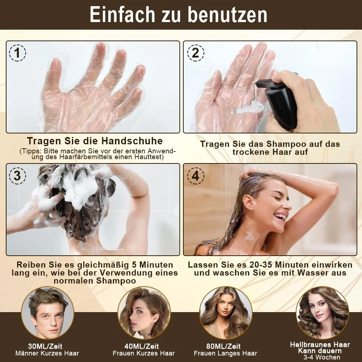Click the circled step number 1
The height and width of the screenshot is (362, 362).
pyautogui.click(x=18, y=53)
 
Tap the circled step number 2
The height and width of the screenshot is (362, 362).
pyautogui.click(x=196, y=53)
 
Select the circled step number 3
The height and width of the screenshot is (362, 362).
pyautogui.click(x=18, y=176)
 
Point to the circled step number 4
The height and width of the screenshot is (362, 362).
pyautogui.click(x=196, y=176)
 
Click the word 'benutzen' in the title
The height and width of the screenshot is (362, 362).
pyautogui.click(x=227, y=15)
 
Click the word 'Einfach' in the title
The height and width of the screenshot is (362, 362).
pyautogui.click(x=122, y=15)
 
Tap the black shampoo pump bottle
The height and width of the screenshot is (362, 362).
pyautogui.click(x=279, y=102)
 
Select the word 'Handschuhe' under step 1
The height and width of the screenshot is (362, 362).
pyautogui.click(x=132, y=141)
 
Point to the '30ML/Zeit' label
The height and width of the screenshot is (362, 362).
pyautogui.click(x=45, y=346)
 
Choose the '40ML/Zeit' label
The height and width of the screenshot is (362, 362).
pyautogui.click(x=141, y=346)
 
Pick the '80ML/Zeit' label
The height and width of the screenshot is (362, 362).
pyautogui.click(x=223, y=346)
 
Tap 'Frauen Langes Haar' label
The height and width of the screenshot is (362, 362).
pyautogui.click(x=225, y=353)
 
